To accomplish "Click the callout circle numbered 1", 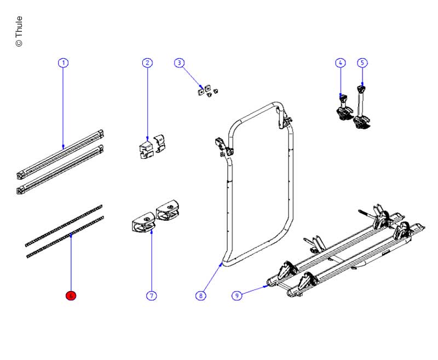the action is [x=63, y=62].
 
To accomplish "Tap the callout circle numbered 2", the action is [x=147, y=62].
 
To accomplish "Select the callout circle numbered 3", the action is [x=180, y=62].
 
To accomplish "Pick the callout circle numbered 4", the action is [x=340, y=62].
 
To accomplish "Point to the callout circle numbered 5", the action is [x=362, y=62].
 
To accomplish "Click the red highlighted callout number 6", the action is [x=71, y=296].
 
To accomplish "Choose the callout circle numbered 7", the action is [x=152, y=296].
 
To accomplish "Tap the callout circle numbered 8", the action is [x=200, y=296].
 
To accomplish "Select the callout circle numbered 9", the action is [x=237, y=296].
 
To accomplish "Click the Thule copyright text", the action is [x=19, y=31].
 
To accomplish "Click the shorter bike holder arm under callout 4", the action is [x=344, y=108].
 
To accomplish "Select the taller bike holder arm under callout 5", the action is [x=362, y=107].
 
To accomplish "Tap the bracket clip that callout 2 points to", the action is [x=146, y=148].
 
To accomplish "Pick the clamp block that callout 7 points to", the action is [x=143, y=222].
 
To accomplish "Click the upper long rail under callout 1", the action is [x=60, y=155].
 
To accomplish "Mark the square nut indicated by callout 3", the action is [x=200, y=92].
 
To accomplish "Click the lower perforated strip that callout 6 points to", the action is [x=65, y=237].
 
